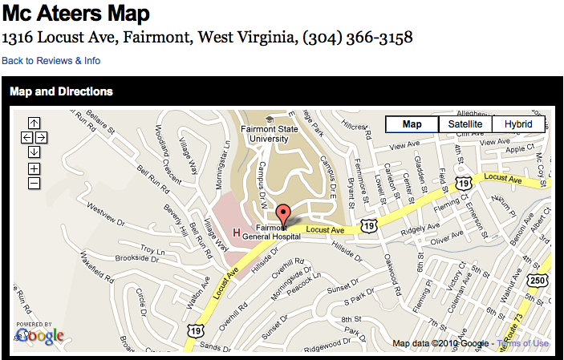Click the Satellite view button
(x=465, y=124)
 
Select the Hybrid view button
(x=518, y=124)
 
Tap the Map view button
(x=412, y=124)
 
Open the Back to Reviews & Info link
(x=51, y=61)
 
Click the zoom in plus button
(x=34, y=168)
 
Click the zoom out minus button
(x=34, y=184)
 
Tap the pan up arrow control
(x=34, y=123)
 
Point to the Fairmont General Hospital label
(x=272, y=233)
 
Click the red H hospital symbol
(x=236, y=233)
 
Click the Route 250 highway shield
(x=537, y=280)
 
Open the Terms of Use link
(x=523, y=344)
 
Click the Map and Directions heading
(x=61, y=91)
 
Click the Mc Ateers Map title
(x=76, y=14)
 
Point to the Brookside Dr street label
(x=116, y=259)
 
